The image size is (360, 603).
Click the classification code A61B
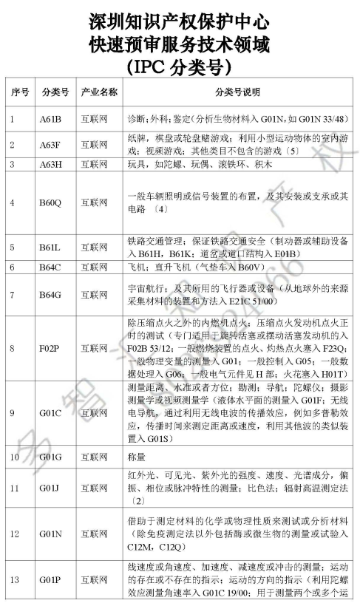tap(52, 119)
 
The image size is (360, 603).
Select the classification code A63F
tap(52, 145)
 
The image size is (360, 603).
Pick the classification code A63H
tap(52, 166)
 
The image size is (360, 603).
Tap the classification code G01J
tap(52, 488)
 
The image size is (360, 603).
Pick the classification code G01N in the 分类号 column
tap(52, 532)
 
